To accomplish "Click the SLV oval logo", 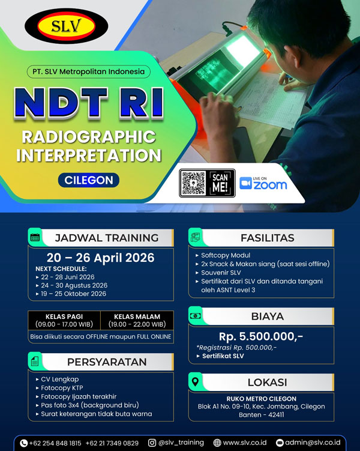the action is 67,26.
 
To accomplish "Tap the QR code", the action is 193,183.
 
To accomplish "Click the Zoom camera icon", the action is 245,183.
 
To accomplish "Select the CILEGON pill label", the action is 88,180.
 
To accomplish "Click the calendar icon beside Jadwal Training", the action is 35,237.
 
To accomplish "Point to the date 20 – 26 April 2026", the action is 100,258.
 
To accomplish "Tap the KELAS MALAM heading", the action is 137,316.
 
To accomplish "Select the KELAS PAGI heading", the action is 64,316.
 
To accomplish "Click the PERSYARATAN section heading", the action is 107,362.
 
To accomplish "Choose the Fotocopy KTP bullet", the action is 59,388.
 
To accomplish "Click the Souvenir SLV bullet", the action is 218,273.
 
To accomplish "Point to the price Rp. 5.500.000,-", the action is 261,336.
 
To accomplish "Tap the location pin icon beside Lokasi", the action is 196,382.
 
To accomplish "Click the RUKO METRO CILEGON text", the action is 261,399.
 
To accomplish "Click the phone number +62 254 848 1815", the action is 55,443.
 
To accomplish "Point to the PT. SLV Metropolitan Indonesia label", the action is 88,71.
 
